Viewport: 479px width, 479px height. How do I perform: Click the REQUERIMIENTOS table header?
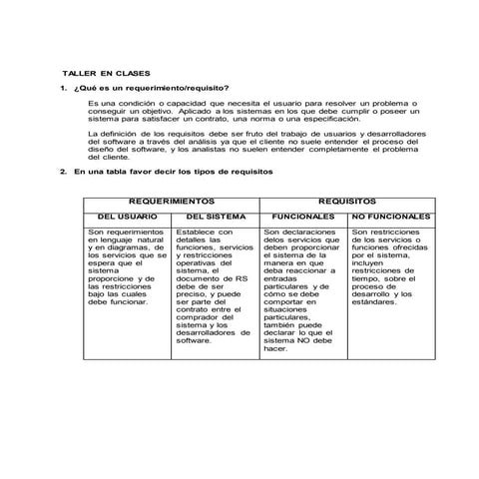173,201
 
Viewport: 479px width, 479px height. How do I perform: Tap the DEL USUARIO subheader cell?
127,216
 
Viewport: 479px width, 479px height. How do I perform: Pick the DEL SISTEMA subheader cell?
216,216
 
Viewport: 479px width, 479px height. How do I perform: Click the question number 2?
65,172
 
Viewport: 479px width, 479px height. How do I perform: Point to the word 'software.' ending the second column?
195,341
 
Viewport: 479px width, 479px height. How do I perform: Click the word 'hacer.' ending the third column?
276,350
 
